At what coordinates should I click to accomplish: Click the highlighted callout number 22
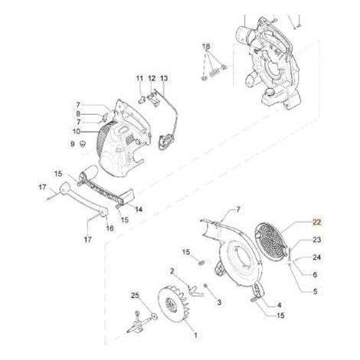[316, 222]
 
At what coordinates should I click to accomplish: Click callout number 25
[135, 296]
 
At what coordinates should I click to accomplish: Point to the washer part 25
[154, 316]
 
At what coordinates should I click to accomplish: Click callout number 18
[206, 47]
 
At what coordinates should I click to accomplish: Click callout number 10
[77, 132]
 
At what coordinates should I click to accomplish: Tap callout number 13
[164, 78]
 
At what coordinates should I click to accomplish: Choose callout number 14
[139, 210]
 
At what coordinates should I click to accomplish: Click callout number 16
[110, 228]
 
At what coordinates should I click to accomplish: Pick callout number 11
[139, 78]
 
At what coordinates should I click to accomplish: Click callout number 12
[152, 78]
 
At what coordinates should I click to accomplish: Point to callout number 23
[316, 240]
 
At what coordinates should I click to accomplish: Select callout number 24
[316, 257]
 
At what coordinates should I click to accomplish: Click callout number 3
[219, 303]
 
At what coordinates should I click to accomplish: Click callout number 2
[172, 271]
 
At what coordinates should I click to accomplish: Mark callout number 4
[279, 305]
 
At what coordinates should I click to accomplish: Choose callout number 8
[78, 114]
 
